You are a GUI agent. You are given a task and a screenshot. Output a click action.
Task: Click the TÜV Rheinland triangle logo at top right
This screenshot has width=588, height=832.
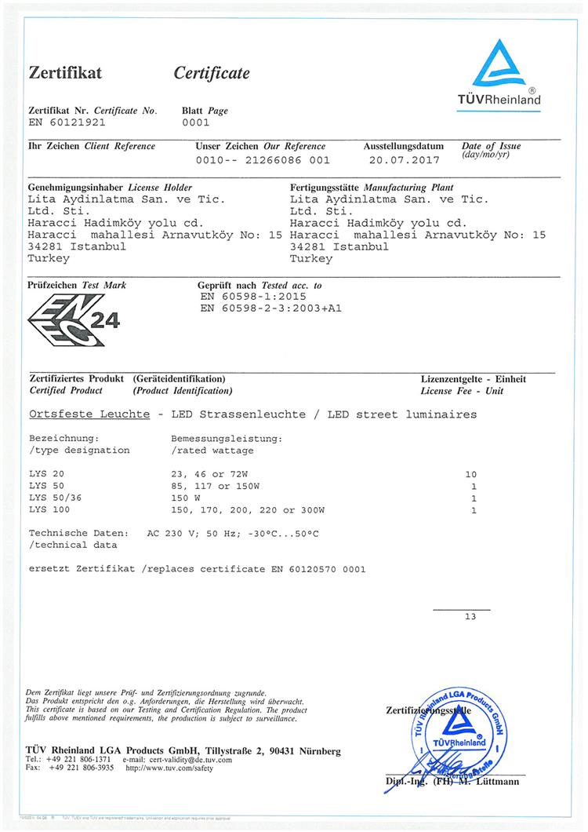(x=499, y=64)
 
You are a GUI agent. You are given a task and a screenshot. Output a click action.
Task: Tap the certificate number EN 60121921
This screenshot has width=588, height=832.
(x=67, y=123)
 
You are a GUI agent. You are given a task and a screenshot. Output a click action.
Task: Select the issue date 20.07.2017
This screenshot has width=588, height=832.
(x=405, y=159)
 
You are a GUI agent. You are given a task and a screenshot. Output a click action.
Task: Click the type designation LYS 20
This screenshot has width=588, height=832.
(x=48, y=475)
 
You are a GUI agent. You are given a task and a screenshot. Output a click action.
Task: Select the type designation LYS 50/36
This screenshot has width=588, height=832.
(x=54, y=498)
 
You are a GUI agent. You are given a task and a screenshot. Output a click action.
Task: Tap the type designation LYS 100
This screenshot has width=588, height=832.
(x=51, y=510)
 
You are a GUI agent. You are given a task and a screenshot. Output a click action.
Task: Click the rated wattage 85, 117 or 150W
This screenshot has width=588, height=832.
(x=220, y=487)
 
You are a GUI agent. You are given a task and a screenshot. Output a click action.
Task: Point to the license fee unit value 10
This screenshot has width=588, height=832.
(x=470, y=475)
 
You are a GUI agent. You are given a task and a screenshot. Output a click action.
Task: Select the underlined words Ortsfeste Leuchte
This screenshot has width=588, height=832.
(x=89, y=414)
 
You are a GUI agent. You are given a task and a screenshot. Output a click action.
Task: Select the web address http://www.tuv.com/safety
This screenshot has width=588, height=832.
(x=169, y=768)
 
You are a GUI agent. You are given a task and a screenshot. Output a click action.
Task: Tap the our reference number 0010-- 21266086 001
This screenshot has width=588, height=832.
(x=263, y=159)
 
